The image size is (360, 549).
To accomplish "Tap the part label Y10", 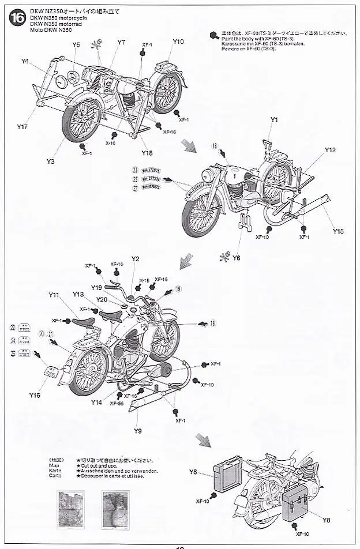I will pos(178,42).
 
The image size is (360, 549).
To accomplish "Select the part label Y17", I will pos(22,126).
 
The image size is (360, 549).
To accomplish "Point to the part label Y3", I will pos(51,161).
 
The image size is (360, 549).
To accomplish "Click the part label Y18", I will pos(147,152).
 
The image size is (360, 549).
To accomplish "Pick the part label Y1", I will pos(274,119).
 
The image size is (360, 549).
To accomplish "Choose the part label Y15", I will pos(338,231).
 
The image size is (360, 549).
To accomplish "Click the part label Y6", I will pos(237,258).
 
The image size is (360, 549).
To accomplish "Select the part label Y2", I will pos(136,259).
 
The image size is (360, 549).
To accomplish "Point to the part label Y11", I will pos(54,295).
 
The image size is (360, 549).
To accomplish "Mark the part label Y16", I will pos(34,396).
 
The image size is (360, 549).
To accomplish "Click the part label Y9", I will pos(138,431).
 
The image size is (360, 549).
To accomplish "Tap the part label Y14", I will pos(96,403).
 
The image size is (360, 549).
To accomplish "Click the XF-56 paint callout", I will pos(117,404).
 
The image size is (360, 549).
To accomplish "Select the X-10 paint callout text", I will pos(110,143).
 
